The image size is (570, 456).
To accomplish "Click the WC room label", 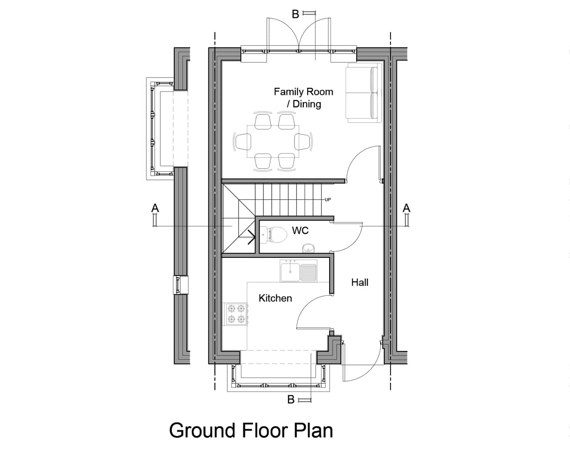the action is [300, 231].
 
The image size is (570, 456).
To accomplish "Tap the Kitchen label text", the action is [275, 298].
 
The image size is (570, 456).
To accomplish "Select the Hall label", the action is [360, 282].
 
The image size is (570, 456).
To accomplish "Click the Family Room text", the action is [303, 92].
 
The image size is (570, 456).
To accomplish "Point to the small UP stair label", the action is [328, 200].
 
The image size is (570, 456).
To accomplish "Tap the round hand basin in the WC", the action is [307, 248].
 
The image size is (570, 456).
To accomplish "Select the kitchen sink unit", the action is [298, 271].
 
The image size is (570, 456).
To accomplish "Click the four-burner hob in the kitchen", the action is [236, 314].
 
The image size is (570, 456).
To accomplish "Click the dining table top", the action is [273, 142].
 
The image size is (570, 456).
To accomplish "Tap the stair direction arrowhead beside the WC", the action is [251, 237].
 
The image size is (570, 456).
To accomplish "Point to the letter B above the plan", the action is [295, 14].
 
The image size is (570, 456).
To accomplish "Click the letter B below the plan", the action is [291, 399].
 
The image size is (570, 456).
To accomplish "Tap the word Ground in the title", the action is [202, 430].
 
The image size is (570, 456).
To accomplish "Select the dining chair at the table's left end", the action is [242, 142].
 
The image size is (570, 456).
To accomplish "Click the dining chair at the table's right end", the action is [304, 142].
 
